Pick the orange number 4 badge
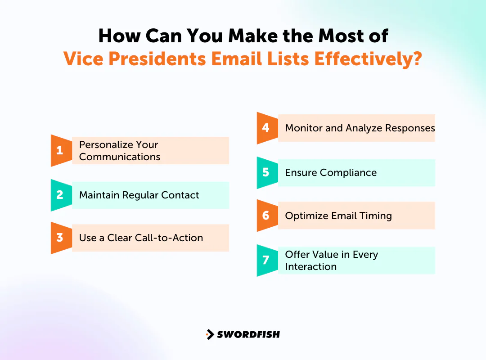266,128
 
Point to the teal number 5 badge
266,172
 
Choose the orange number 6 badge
266,216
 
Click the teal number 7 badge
266,260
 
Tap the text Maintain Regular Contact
139,195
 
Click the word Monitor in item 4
304,128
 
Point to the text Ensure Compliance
331,173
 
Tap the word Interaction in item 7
310,266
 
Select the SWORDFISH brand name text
248,334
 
